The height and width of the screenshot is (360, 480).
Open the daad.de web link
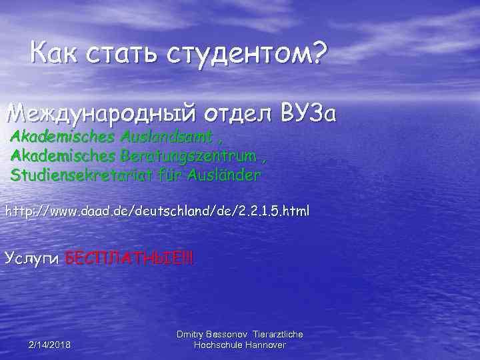pyautogui.click(x=157, y=212)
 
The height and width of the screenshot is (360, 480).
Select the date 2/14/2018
pyautogui.click(x=51, y=345)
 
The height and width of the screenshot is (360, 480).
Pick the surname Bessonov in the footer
pyautogui.click(x=231, y=334)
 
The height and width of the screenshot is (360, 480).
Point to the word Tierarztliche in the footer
pyautogui.click(x=279, y=334)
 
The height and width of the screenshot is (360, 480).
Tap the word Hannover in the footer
pyautogui.click(x=265, y=345)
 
